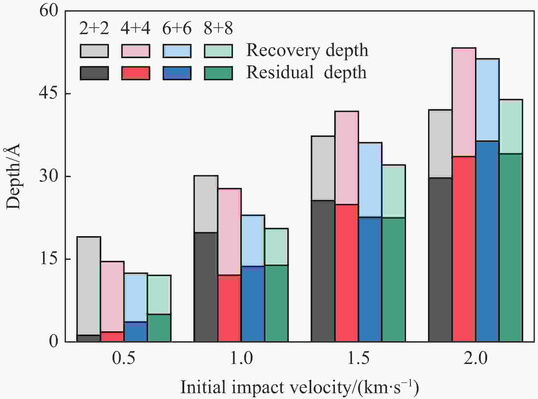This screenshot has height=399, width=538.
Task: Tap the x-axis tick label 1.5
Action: (x=358, y=358)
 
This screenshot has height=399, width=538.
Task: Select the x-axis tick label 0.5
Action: (x=124, y=358)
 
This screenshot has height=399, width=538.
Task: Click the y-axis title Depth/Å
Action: (x=13, y=176)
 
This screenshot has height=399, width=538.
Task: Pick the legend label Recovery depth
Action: (x=307, y=50)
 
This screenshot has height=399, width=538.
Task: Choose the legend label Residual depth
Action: (x=306, y=72)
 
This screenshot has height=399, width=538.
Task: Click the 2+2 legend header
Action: (x=94, y=29)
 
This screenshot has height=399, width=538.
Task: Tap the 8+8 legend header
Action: (x=218, y=29)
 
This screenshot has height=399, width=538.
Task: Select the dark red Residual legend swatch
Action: (x=136, y=73)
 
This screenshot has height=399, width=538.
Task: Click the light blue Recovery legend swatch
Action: (x=177, y=51)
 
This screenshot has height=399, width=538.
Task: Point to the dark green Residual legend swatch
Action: (x=218, y=73)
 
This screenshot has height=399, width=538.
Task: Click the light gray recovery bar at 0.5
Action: (x=89, y=286)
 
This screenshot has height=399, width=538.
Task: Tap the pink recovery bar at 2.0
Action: (x=464, y=102)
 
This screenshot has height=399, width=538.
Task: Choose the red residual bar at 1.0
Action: (x=229, y=308)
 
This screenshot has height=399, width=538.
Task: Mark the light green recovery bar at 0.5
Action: (x=159, y=295)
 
